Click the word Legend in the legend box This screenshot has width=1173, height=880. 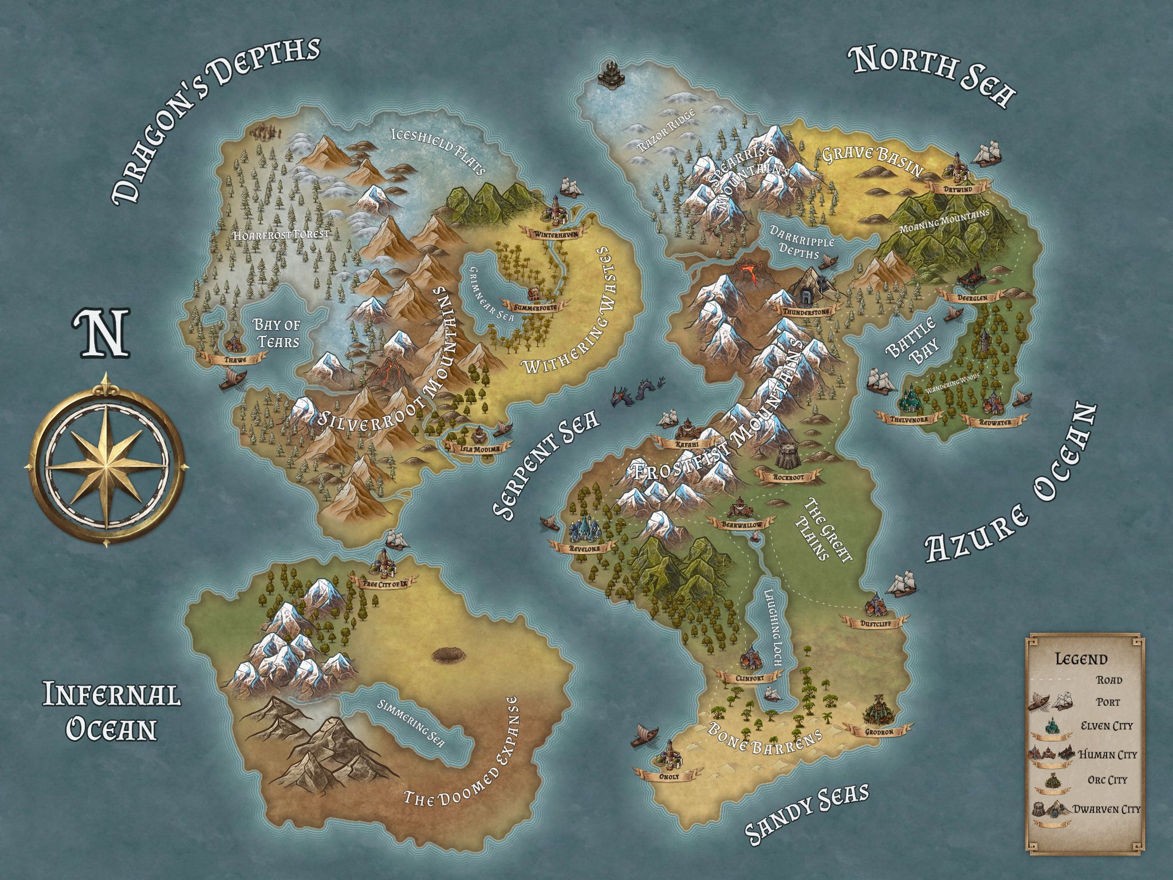point(1081,659)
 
